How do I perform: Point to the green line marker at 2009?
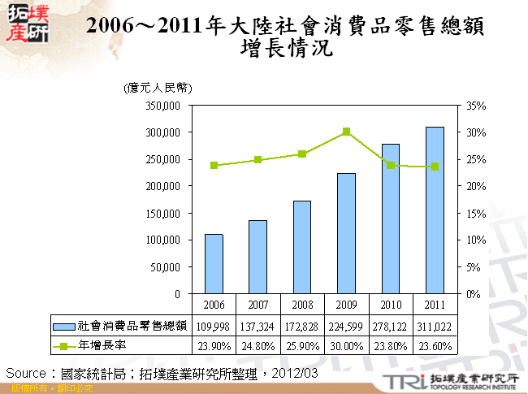coord(346,131)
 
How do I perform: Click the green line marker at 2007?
coord(258,159)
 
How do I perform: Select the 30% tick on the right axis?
coord(476,132)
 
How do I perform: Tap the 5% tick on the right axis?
coord(474,266)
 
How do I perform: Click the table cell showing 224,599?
coord(346,326)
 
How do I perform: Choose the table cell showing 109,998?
coord(214,326)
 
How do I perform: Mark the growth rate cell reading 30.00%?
coord(346,345)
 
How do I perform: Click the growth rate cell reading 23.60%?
coord(435,345)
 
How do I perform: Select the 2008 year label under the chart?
coord(302,304)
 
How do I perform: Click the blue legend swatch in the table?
coord(64,326)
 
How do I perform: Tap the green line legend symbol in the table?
coord(64,345)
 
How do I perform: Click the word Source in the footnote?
coord(26,373)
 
